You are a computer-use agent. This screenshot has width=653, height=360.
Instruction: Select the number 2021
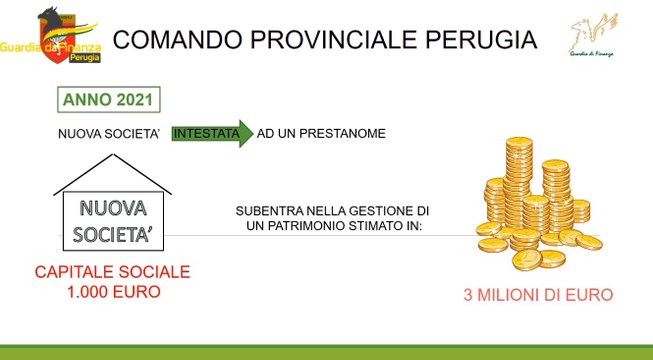(x=135, y=100)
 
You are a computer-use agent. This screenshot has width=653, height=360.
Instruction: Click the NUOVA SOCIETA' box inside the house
(x=113, y=221)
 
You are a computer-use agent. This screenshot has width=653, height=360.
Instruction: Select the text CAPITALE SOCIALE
(x=112, y=272)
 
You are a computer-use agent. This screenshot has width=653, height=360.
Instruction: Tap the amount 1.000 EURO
(x=112, y=291)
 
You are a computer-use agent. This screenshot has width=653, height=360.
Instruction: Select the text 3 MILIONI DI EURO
(x=537, y=295)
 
